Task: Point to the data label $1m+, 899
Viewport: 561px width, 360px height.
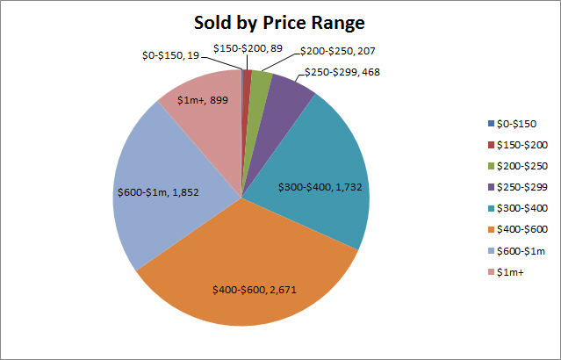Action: coord(204,102)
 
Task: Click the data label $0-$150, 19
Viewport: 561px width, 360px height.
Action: coord(174,55)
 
